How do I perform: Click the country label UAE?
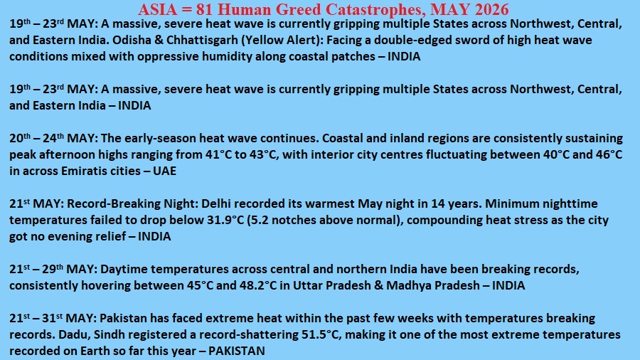[x=164, y=171]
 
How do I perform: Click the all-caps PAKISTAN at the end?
[x=236, y=351]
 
